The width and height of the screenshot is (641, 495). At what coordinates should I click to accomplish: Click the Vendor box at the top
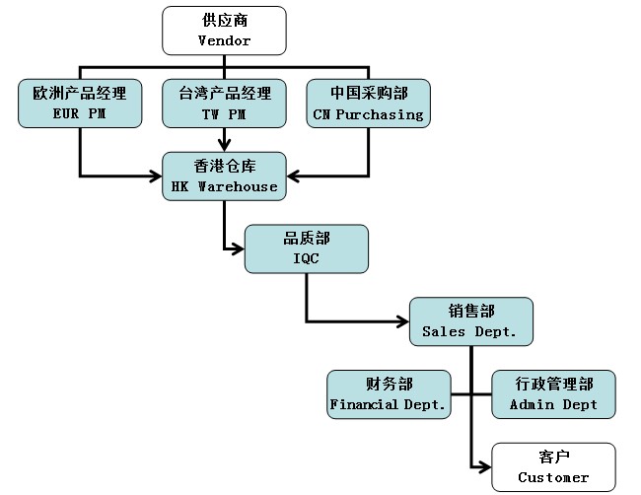point(224,31)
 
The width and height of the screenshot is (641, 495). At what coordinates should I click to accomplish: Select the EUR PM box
point(79,104)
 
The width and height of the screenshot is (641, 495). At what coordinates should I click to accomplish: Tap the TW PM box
point(224,104)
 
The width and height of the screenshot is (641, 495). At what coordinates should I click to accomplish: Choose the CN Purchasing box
point(368,104)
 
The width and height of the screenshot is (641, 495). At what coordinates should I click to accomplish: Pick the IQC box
point(307,248)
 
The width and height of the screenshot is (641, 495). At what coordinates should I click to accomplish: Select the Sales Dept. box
point(470,321)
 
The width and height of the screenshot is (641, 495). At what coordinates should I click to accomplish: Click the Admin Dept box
point(553,393)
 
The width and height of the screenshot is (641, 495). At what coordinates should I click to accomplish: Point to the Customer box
point(553,466)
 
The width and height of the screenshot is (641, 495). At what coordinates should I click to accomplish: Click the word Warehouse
point(238,186)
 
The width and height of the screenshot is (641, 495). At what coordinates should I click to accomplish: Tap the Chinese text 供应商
point(224,21)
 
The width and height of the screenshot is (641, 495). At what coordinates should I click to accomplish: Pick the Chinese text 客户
point(553,457)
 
